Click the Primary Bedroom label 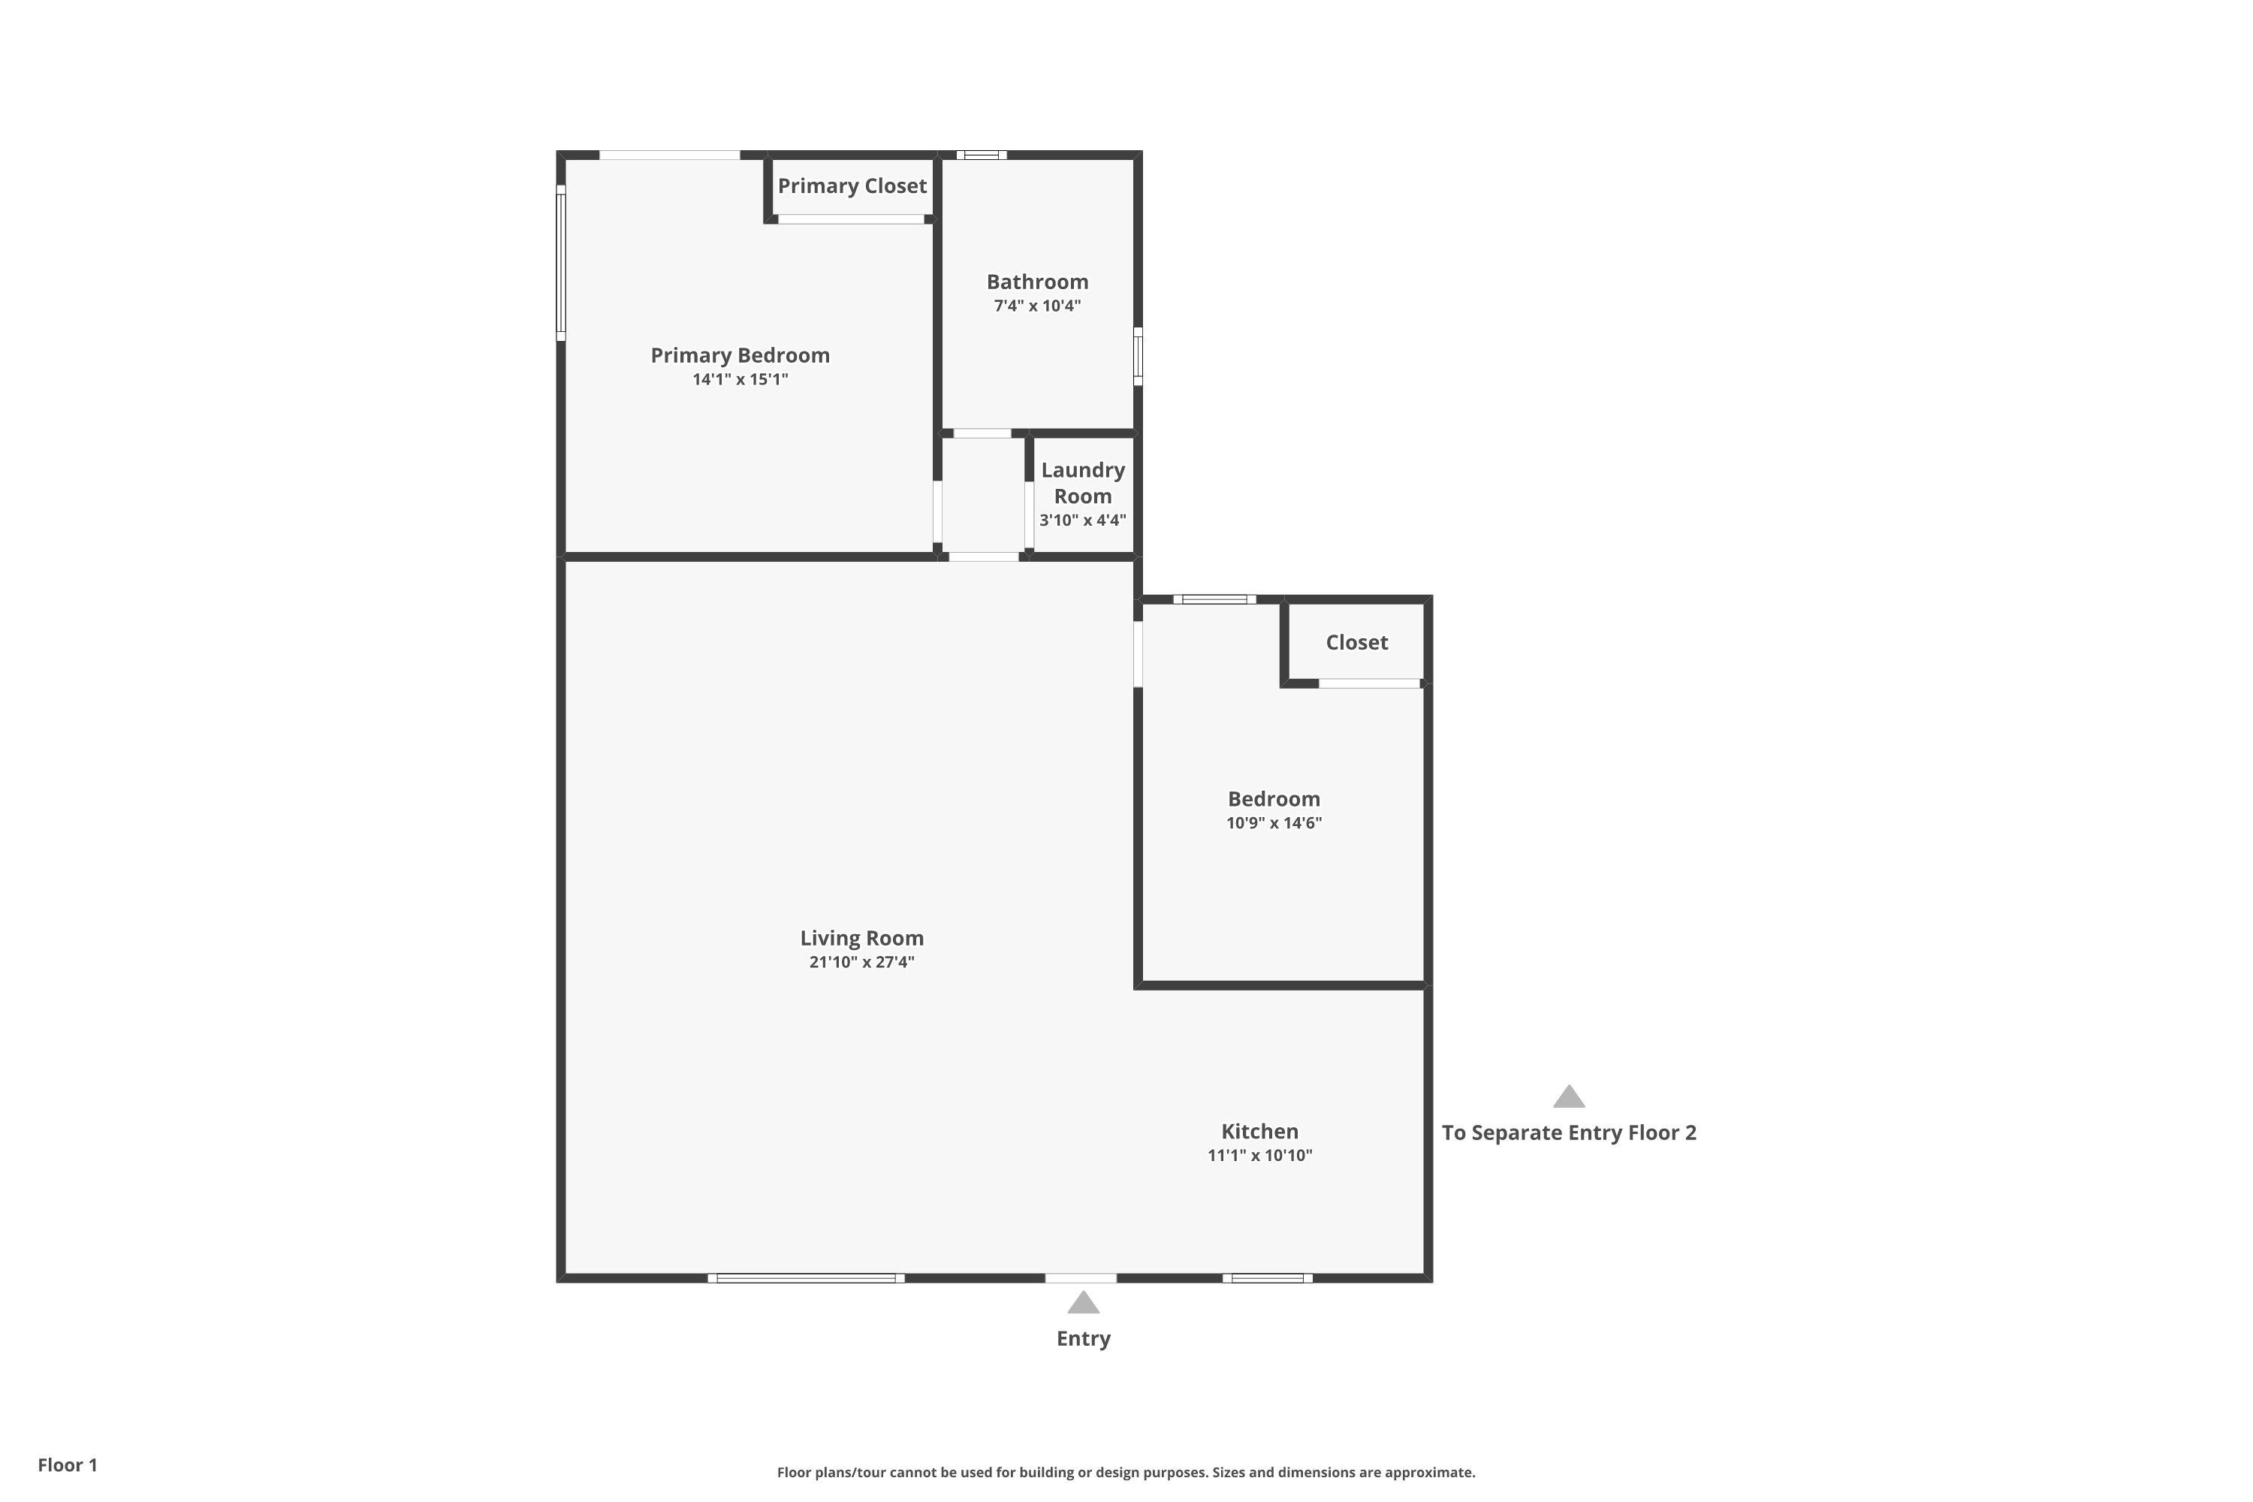pos(740,355)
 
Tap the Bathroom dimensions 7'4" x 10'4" pos(1037,306)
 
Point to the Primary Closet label pos(852,185)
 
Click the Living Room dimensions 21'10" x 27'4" pos(862,962)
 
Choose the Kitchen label pos(1259,1131)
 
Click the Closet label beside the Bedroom pos(1356,643)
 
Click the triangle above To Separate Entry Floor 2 pos(1568,1096)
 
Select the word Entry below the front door pos(1084,1338)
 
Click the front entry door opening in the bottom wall pos(1081,1278)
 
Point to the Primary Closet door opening pos(852,219)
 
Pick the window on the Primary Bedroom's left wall pos(561,262)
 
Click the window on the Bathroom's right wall pos(1138,356)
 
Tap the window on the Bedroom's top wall pos(1214,599)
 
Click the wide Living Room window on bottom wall pos(806,1278)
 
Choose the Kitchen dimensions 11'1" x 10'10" pos(1259,1155)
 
